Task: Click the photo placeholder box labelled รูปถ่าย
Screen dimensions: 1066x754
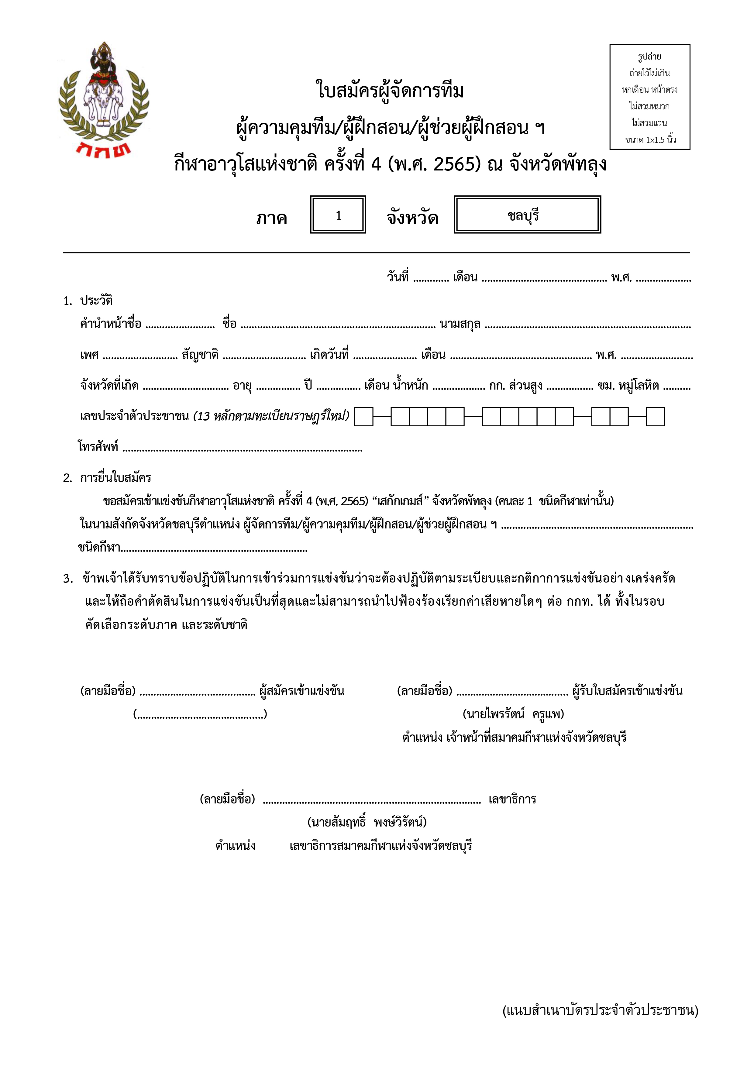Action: [x=649, y=97]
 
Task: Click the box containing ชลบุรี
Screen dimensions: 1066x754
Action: [x=527, y=215]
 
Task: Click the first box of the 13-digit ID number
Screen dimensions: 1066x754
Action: [x=363, y=417]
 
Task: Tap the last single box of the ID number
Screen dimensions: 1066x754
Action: [x=655, y=417]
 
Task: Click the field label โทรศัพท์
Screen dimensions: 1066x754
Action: [x=98, y=447]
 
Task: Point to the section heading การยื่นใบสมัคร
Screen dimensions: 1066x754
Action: [x=115, y=477]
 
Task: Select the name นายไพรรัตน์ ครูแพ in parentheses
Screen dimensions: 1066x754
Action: [x=513, y=714]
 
